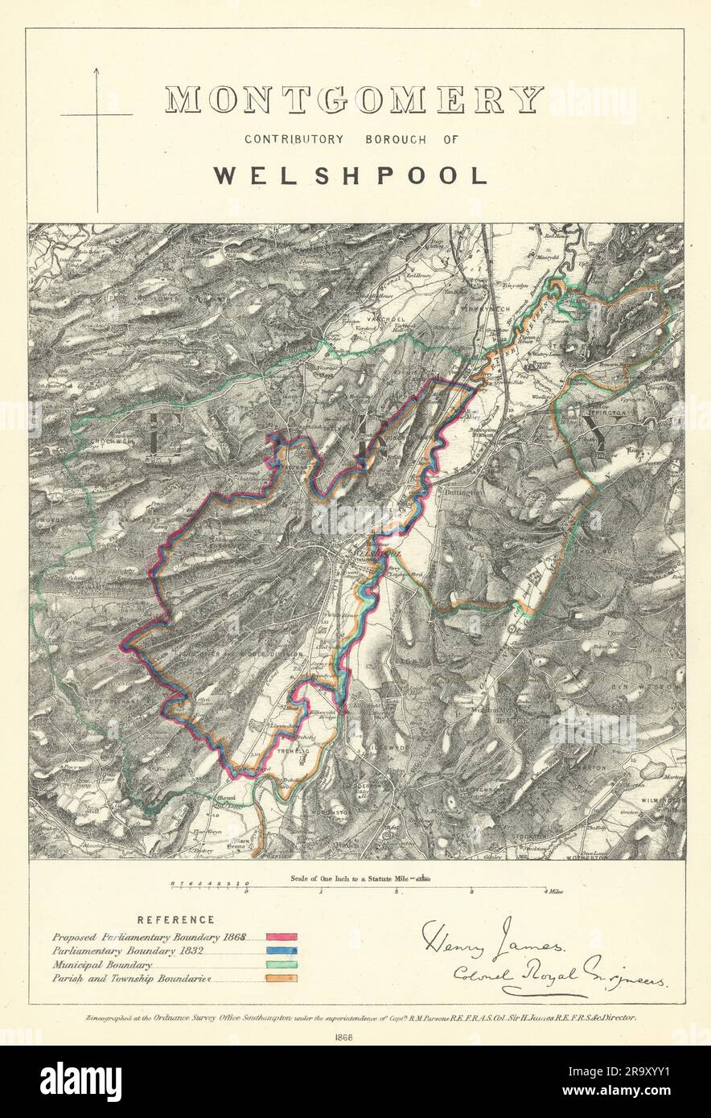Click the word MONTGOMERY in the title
point(355,101)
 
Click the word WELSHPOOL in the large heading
point(351,176)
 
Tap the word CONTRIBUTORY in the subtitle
point(294,139)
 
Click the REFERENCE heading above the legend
point(175,919)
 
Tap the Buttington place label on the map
point(459,490)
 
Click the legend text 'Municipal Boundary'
point(102,964)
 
